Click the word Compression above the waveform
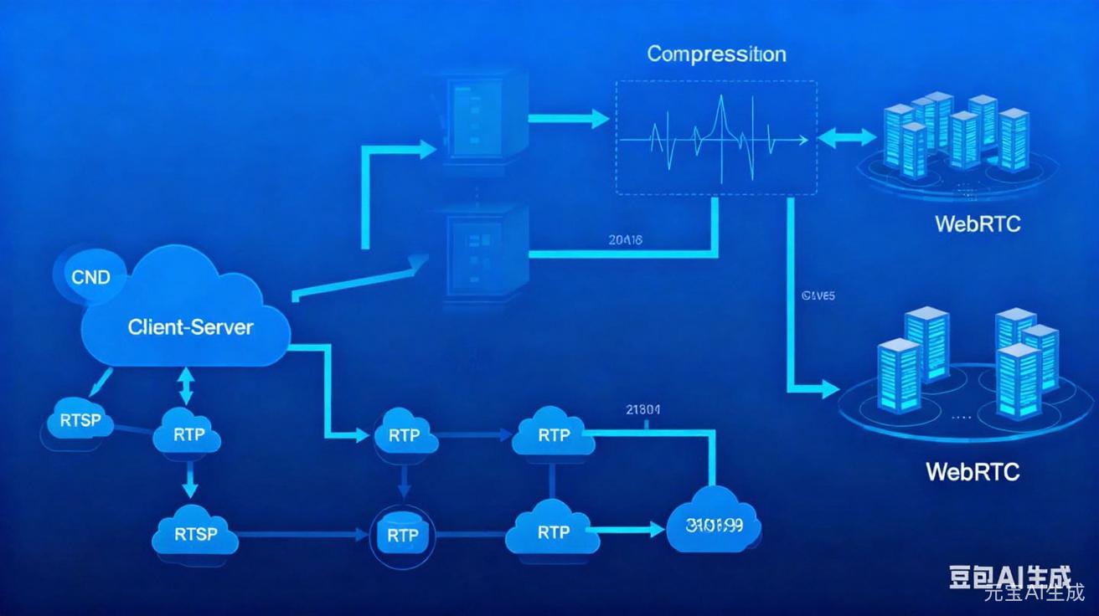click(716, 54)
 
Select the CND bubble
click(90, 277)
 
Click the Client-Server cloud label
click(190, 326)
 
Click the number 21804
click(643, 410)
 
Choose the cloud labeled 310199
click(715, 526)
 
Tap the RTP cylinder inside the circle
click(403, 533)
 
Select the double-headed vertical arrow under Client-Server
click(186, 388)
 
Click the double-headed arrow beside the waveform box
click(845, 137)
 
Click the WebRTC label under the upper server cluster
click(977, 224)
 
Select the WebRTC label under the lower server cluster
click(973, 471)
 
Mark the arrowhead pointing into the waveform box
click(598, 119)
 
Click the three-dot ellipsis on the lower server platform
click(961, 415)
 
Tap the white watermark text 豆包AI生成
click(1009, 577)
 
